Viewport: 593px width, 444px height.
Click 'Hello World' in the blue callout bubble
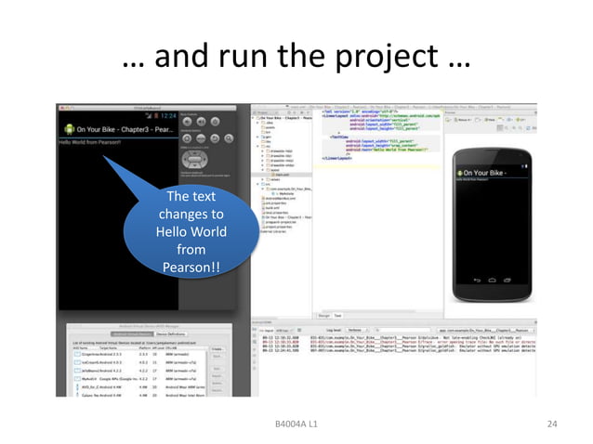point(191,231)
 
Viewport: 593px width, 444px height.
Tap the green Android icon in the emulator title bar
point(68,127)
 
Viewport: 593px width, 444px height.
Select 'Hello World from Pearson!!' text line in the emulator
point(92,142)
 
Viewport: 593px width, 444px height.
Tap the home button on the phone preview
point(491,277)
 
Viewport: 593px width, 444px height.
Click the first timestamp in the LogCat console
point(276,341)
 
